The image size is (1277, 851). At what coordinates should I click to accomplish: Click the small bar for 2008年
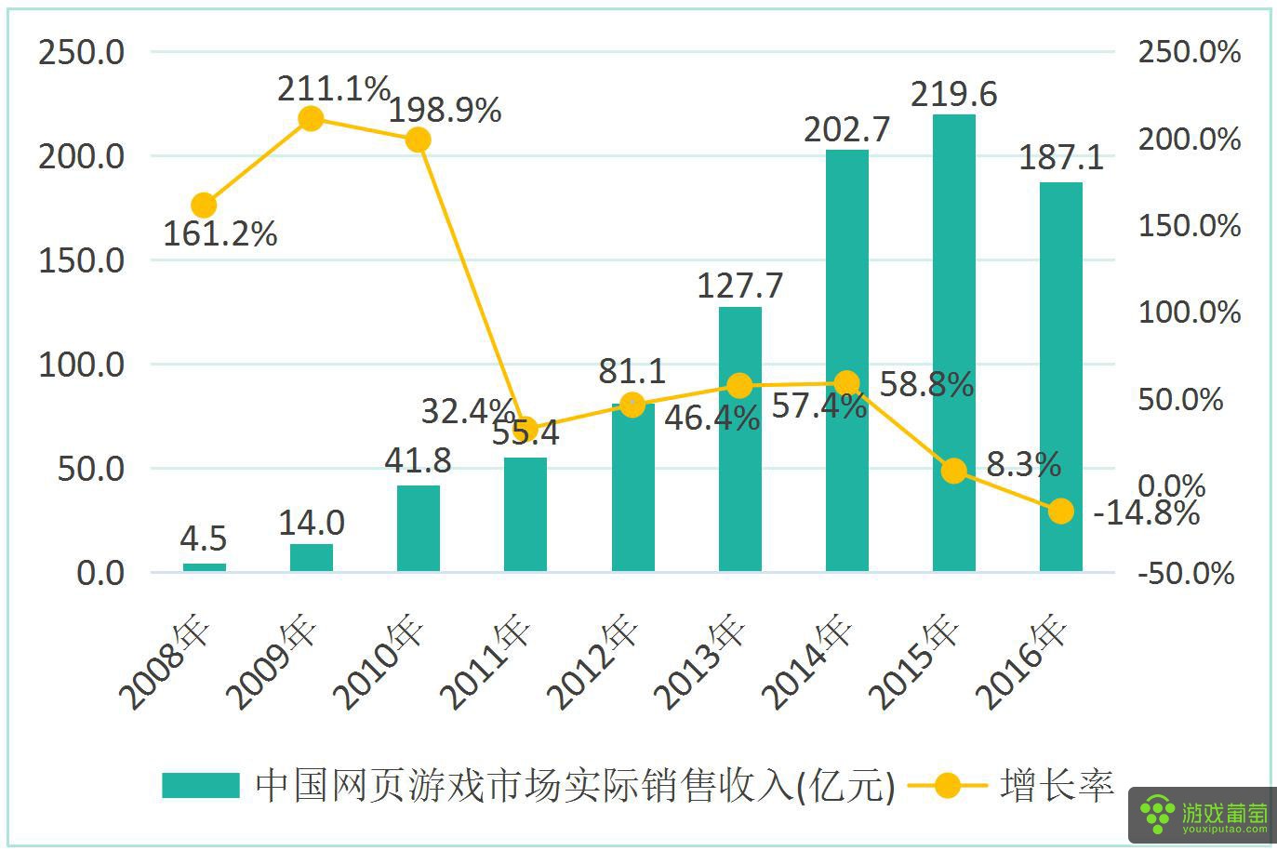[x=204, y=566]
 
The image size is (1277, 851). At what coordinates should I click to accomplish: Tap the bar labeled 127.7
[x=739, y=438]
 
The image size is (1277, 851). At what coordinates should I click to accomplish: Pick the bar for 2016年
[x=1060, y=376]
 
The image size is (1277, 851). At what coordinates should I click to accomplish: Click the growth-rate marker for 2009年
[x=312, y=118]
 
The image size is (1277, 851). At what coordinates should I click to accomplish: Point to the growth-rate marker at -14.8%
[x=1060, y=511]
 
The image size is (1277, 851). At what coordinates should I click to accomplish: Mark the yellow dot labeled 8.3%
[x=953, y=471]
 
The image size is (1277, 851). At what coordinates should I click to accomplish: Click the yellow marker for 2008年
[x=204, y=206]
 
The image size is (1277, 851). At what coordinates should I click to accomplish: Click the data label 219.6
[x=953, y=94]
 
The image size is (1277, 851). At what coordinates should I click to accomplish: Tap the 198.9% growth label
[x=445, y=111]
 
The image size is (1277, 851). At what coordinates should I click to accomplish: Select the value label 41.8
[x=418, y=460]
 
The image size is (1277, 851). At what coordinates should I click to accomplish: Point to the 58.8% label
[x=926, y=384]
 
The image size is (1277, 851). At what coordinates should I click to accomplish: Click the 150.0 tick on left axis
[x=81, y=260]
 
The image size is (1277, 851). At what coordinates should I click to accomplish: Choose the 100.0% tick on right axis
[x=1189, y=312]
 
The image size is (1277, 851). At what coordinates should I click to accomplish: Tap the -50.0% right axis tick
[x=1187, y=573]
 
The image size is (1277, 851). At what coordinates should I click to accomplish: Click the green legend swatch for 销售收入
[x=201, y=785]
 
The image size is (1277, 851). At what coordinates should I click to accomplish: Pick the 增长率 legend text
[x=1058, y=785]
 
